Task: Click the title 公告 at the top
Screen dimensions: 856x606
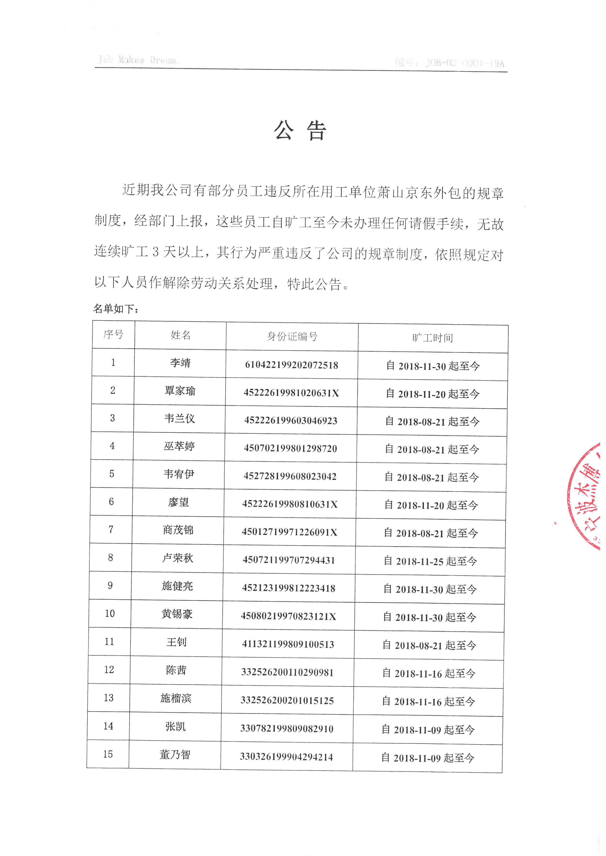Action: [x=300, y=131]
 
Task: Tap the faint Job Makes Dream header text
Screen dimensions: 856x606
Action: [x=138, y=60]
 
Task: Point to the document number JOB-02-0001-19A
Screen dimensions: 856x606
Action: [x=465, y=63]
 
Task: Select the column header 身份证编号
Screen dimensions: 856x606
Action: [x=292, y=336]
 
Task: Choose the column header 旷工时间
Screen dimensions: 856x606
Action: [x=433, y=338]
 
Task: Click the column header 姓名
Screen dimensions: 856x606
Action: [x=181, y=335]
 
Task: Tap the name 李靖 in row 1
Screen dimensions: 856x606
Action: [x=180, y=363]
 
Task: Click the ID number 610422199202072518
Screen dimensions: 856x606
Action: [x=292, y=365]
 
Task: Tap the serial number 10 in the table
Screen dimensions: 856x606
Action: [x=110, y=613]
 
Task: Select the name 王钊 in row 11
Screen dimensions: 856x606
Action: [x=176, y=642]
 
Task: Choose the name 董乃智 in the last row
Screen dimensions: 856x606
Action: [x=175, y=755]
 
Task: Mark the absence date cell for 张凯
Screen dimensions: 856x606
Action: [x=428, y=730]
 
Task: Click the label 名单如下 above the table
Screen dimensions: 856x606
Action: [x=116, y=309]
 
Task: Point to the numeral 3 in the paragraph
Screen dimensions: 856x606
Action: [x=156, y=252]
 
